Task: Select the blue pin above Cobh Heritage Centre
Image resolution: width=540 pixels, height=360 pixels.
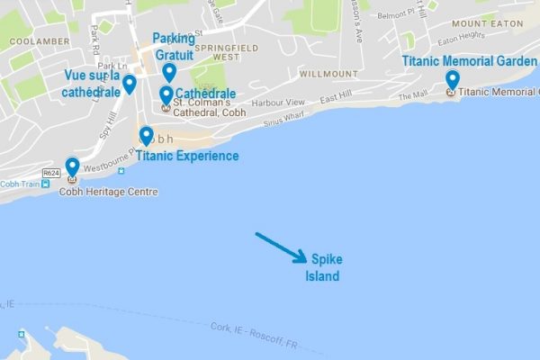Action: pyautogui.click(x=72, y=167)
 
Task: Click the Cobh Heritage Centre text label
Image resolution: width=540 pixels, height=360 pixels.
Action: pyautogui.click(x=108, y=192)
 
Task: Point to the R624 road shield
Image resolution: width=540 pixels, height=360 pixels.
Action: pyautogui.click(x=50, y=171)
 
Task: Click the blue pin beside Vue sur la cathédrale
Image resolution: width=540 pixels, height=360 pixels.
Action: pyautogui.click(x=130, y=84)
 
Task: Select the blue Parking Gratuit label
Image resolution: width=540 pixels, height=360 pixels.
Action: pyautogui.click(x=173, y=47)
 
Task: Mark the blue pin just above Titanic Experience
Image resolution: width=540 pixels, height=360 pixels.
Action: pyautogui.click(x=147, y=135)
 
